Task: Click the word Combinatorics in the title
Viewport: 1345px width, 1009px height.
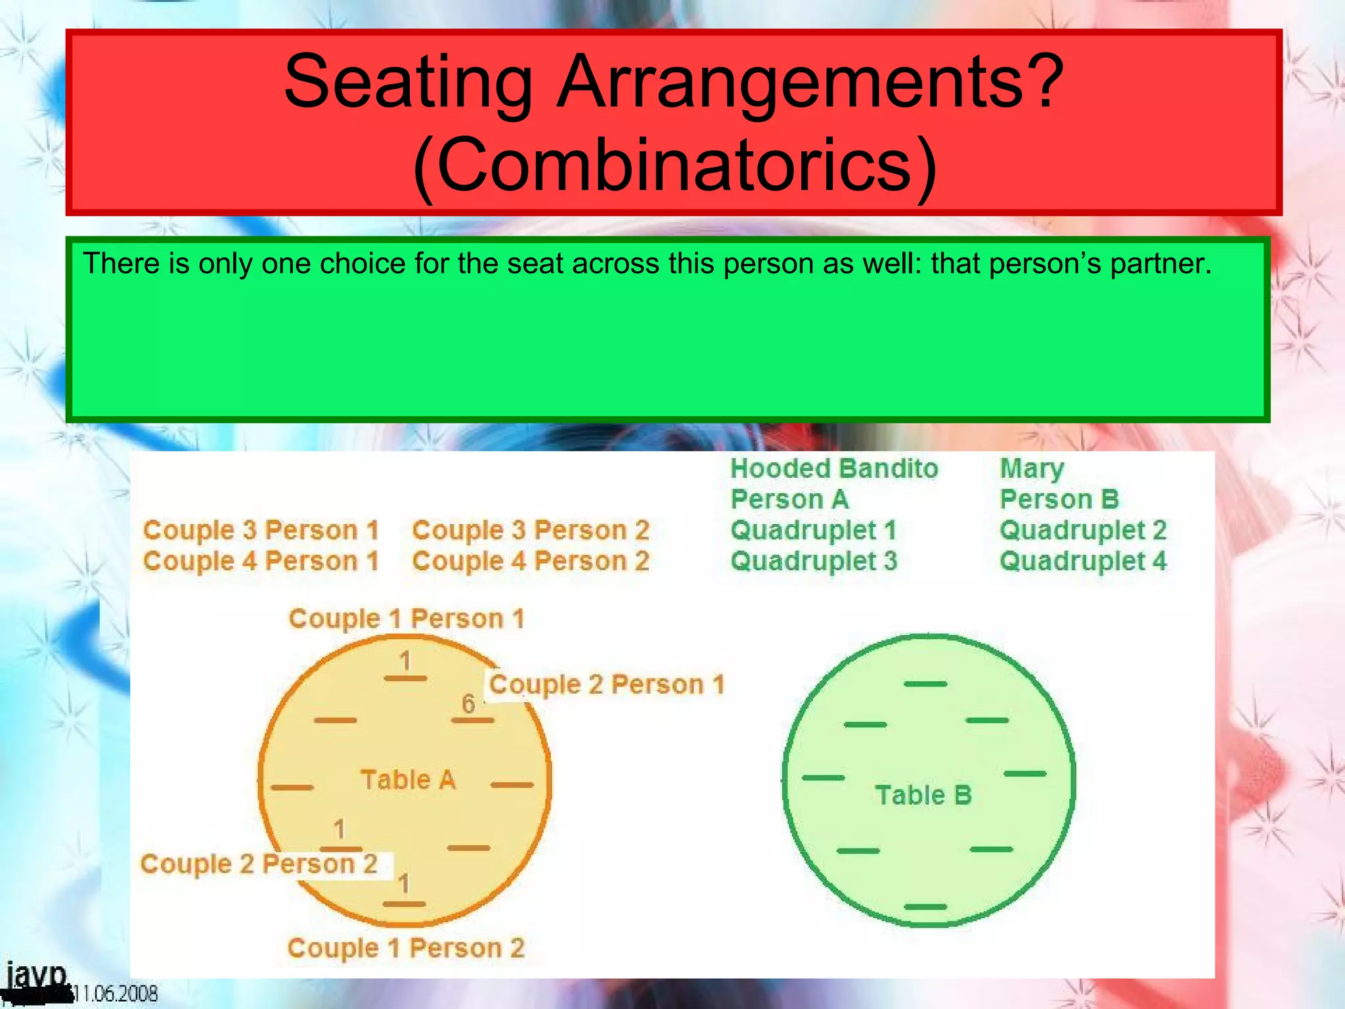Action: click(x=674, y=165)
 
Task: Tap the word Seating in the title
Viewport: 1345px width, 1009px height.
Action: click(x=408, y=82)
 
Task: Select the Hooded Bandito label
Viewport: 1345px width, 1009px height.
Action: click(x=834, y=469)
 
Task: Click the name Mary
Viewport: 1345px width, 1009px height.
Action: click(x=1032, y=469)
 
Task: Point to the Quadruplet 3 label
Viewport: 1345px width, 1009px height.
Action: click(x=814, y=562)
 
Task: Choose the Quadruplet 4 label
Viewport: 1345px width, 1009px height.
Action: click(x=1083, y=562)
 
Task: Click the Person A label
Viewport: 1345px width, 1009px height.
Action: click(x=789, y=500)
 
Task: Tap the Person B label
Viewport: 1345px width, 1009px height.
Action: click(x=1059, y=500)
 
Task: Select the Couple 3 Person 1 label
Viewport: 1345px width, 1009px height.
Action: click(x=261, y=531)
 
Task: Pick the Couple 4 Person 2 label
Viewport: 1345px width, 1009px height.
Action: click(x=531, y=562)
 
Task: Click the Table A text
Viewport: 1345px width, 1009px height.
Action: click(x=408, y=780)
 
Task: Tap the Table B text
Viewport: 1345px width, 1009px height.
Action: click(x=923, y=795)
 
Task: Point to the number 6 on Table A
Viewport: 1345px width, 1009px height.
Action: click(x=468, y=704)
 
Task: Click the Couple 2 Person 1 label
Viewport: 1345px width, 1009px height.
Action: click(x=607, y=685)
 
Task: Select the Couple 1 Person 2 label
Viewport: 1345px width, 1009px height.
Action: click(x=406, y=949)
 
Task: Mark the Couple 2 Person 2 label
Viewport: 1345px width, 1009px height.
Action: click(x=259, y=864)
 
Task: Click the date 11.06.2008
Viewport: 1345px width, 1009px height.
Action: click(x=116, y=993)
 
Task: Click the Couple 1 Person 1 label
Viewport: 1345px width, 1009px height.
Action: click(x=407, y=619)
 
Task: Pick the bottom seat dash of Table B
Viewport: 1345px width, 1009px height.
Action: click(x=925, y=907)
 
